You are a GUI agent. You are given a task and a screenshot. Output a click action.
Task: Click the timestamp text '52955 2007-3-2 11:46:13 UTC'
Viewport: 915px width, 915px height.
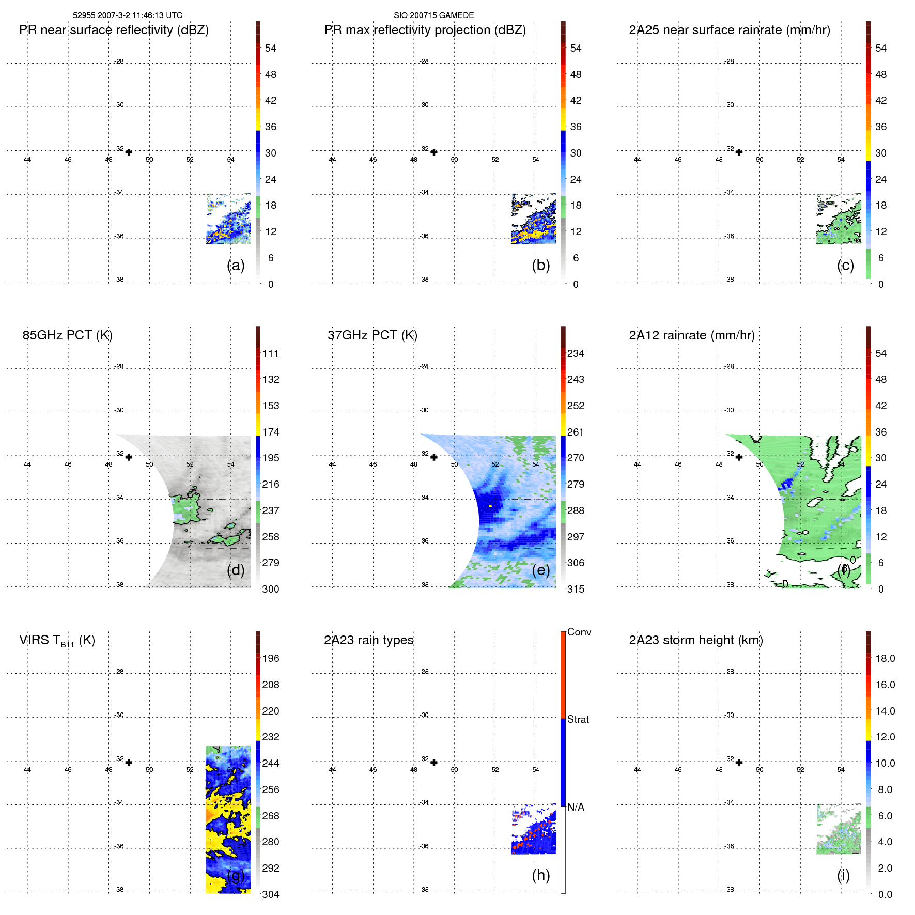(x=128, y=15)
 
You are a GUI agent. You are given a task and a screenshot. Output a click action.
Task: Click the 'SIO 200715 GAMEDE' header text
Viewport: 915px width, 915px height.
(x=433, y=15)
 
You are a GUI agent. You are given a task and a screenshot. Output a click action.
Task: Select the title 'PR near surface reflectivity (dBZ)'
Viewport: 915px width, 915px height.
(x=114, y=30)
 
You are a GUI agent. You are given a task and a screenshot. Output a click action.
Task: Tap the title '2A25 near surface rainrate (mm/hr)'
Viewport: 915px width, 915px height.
(x=730, y=30)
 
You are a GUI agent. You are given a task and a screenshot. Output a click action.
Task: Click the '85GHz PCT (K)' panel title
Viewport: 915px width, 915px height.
(x=68, y=335)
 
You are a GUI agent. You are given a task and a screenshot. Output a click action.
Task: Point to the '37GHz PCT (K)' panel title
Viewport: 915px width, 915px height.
(x=373, y=335)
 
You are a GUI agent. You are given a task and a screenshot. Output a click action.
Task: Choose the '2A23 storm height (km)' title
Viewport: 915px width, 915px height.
(x=696, y=640)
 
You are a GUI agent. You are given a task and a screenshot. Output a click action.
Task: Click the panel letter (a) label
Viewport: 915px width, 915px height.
(x=236, y=265)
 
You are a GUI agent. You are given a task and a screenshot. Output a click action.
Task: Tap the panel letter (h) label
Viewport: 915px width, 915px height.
(x=541, y=875)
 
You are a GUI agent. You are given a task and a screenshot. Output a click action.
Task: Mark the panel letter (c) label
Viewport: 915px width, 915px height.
(x=846, y=265)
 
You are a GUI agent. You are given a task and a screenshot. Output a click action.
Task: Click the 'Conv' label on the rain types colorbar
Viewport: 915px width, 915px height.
(x=579, y=632)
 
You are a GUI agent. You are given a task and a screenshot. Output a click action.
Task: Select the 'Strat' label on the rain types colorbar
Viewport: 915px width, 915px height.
(x=578, y=719)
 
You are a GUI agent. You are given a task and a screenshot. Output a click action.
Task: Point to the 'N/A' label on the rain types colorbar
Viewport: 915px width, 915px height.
(x=576, y=807)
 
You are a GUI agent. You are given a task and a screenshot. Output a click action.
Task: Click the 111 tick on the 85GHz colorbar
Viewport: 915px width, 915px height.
(x=271, y=353)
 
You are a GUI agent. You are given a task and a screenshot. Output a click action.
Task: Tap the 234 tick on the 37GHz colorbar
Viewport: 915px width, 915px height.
(x=576, y=353)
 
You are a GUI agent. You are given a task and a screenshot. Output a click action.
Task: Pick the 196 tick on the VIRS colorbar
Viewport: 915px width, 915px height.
(x=271, y=658)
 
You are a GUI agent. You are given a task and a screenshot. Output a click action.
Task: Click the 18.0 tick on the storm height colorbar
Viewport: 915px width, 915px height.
(x=885, y=658)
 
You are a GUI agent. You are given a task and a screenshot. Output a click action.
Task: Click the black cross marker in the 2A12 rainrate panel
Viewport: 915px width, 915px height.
(x=739, y=457)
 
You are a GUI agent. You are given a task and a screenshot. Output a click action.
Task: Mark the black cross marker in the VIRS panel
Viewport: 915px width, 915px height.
(x=129, y=762)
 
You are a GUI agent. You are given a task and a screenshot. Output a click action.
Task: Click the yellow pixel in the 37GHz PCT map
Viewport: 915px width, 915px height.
(x=490, y=506)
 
